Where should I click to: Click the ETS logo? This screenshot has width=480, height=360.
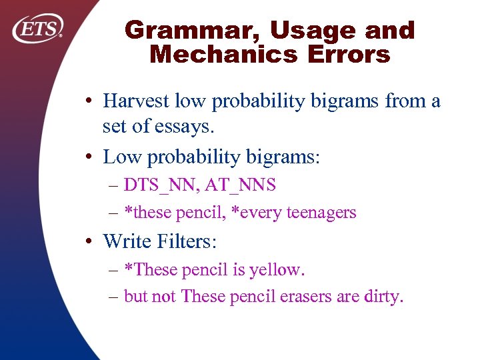coord(38,29)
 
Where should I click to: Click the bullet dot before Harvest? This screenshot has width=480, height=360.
coord(88,101)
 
